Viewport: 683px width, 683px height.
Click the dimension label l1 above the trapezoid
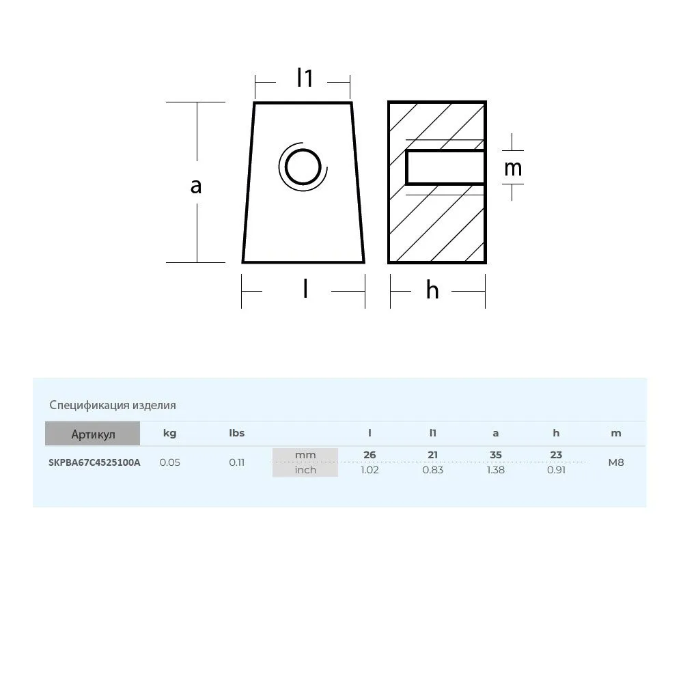click(305, 78)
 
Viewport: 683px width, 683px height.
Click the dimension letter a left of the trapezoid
click(196, 186)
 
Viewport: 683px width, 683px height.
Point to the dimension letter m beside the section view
click(513, 168)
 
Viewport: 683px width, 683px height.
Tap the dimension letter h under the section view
click(432, 290)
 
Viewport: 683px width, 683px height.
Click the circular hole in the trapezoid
click(303, 167)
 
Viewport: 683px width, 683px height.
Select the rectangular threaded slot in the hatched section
click(445, 168)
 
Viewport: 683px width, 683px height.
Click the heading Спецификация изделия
click(113, 405)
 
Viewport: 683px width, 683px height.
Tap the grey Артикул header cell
click(93, 434)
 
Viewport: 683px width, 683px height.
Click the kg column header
click(170, 433)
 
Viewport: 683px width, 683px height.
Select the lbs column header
click(237, 433)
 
